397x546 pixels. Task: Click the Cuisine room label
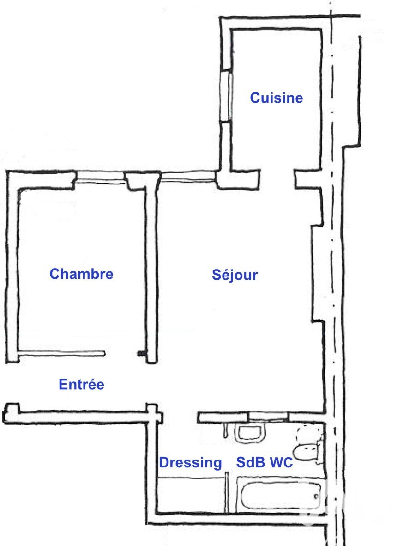click(277, 98)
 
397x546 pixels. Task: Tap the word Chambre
click(81, 274)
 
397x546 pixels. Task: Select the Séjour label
click(235, 275)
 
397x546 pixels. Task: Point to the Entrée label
click(81, 385)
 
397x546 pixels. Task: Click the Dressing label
click(191, 463)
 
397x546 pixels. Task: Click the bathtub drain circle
click(317, 496)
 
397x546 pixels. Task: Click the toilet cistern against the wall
click(320, 452)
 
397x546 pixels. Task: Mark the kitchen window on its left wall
click(226, 96)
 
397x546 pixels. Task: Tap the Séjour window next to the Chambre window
click(188, 177)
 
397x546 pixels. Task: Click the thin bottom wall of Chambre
click(61, 354)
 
